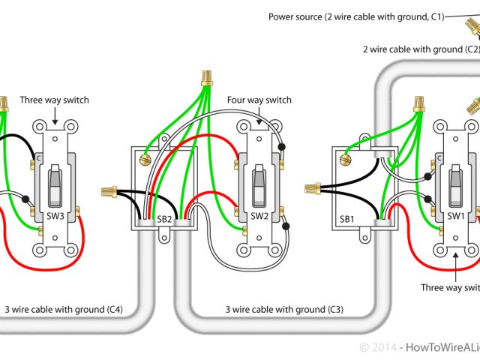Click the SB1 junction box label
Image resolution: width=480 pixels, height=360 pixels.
click(x=346, y=219)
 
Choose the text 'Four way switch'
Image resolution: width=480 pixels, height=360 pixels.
click(x=259, y=100)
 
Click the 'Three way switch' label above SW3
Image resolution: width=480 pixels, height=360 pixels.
click(x=54, y=100)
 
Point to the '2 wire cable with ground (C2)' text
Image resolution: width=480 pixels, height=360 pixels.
click(x=421, y=49)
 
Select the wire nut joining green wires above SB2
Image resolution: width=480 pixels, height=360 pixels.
click(x=205, y=78)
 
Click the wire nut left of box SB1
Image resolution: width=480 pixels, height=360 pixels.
click(x=312, y=189)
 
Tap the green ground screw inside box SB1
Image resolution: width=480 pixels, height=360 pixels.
click(x=345, y=159)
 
